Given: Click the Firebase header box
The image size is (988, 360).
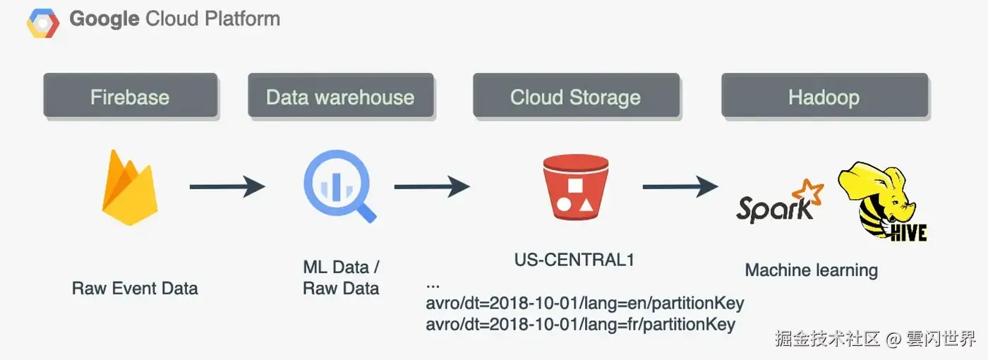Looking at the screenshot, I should point(130,96).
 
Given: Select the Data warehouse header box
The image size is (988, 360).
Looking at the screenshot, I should point(340,96).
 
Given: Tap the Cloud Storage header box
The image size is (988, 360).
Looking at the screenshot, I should point(576,96).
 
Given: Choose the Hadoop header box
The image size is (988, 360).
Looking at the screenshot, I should point(824,96).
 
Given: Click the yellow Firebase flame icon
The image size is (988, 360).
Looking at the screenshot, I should point(130,187).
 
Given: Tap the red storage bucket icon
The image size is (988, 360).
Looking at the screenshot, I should point(575,187).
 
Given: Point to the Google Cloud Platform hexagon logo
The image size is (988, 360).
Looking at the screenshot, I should point(43,24).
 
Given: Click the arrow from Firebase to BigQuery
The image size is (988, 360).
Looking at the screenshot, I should point(227,187).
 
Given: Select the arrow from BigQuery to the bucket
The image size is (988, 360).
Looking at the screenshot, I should point(431,187).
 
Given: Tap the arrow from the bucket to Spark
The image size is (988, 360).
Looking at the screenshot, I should point(680,187).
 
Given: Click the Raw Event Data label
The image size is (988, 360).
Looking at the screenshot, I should point(135,288).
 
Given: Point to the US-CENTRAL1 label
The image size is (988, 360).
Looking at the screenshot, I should point(574,260).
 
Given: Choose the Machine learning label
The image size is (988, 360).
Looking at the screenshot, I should point(812,270).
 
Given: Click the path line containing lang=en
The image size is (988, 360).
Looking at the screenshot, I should point(585,304).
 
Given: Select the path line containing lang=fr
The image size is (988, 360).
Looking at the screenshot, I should point(581,325).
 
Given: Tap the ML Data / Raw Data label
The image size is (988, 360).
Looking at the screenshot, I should point(341,277).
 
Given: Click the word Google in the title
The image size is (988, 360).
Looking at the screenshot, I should point(104,19).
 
